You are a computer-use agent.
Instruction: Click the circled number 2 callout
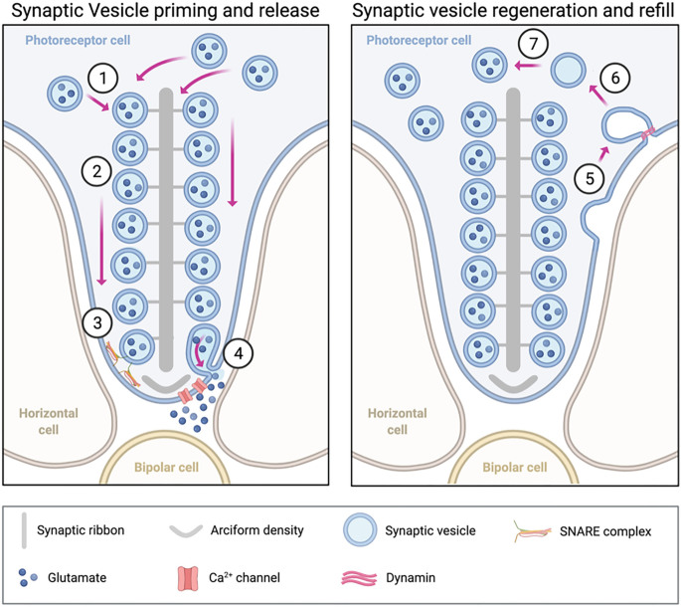coord(95,172)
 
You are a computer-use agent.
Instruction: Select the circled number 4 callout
coord(238,351)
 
